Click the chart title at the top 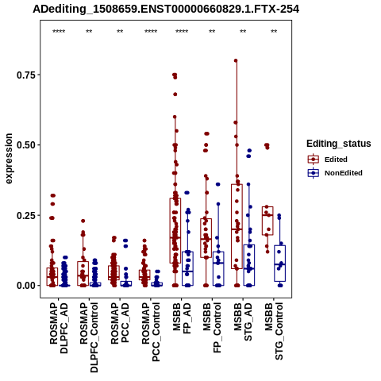pyautogui.click(x=166, y=10)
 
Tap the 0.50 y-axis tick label pyautogui.click(x=26, y=145)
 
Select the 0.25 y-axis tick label pyautogui.click(x=26, y=215)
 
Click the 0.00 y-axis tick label pyautogui.click(x=26, y=286)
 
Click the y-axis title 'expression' pyautogui.click(x=9, y=159)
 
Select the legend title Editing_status pyautogui.click(x=339, y=144)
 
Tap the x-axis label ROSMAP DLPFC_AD pyautogui.click(x=59, y=329)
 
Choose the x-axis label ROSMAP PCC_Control pyautogui.click(x=151, y=332)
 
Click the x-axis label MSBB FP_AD pyautogui.click(x=182, y=318)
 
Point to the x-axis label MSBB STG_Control pyautogui.click(x=274, y=331)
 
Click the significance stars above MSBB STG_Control pyautogui.click(x=274, y=32)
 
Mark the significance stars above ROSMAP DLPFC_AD pyautogui.click(x=59, y=32)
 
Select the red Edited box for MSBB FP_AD pyautogui.click(x=175, y=230)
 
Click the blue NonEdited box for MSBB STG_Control pyautogui.click(x=279, y=264)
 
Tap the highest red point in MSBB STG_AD pyautogui.click(x=236, y=60)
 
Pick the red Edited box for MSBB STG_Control pyautogui.click(x=267, y=221)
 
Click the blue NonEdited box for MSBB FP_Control pyautogui.click(x=218, y=268)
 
